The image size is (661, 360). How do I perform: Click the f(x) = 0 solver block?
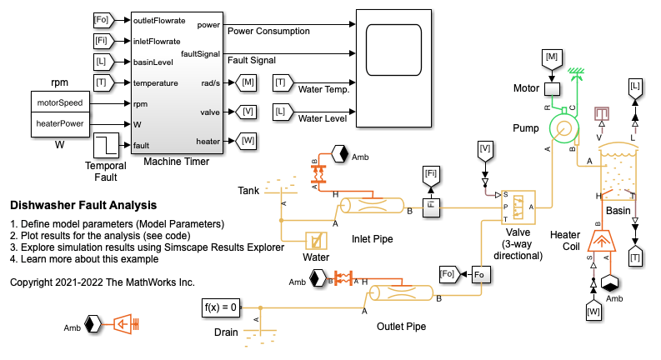[221, 307]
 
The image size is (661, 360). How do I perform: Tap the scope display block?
[403, 67]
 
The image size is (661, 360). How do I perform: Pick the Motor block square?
[551, 87]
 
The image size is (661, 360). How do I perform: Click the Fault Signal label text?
[252, 60]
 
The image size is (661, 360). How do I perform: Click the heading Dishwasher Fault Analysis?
[83, 205]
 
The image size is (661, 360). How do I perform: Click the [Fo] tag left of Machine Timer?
[101, 18]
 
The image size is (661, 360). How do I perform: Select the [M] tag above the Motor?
[551, 56]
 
